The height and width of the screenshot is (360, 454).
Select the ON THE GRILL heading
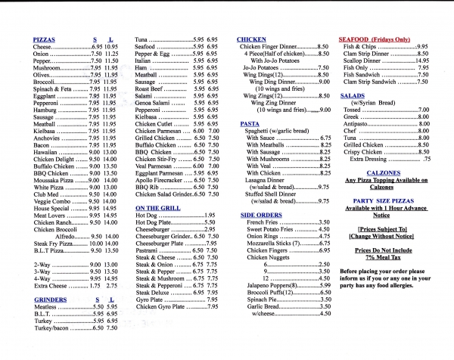[x=157, y=207]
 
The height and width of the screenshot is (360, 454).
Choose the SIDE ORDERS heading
[x=262, y=215]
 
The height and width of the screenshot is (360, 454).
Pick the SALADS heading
[x=352, y=96]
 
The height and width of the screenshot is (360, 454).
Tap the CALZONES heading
[x=382, y=170]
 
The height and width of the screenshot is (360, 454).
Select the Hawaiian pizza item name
[x=48, y=152]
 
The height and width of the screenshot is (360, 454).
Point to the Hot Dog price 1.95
[x=210, y=216]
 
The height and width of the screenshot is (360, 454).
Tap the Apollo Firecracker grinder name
[x=160, y=180]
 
